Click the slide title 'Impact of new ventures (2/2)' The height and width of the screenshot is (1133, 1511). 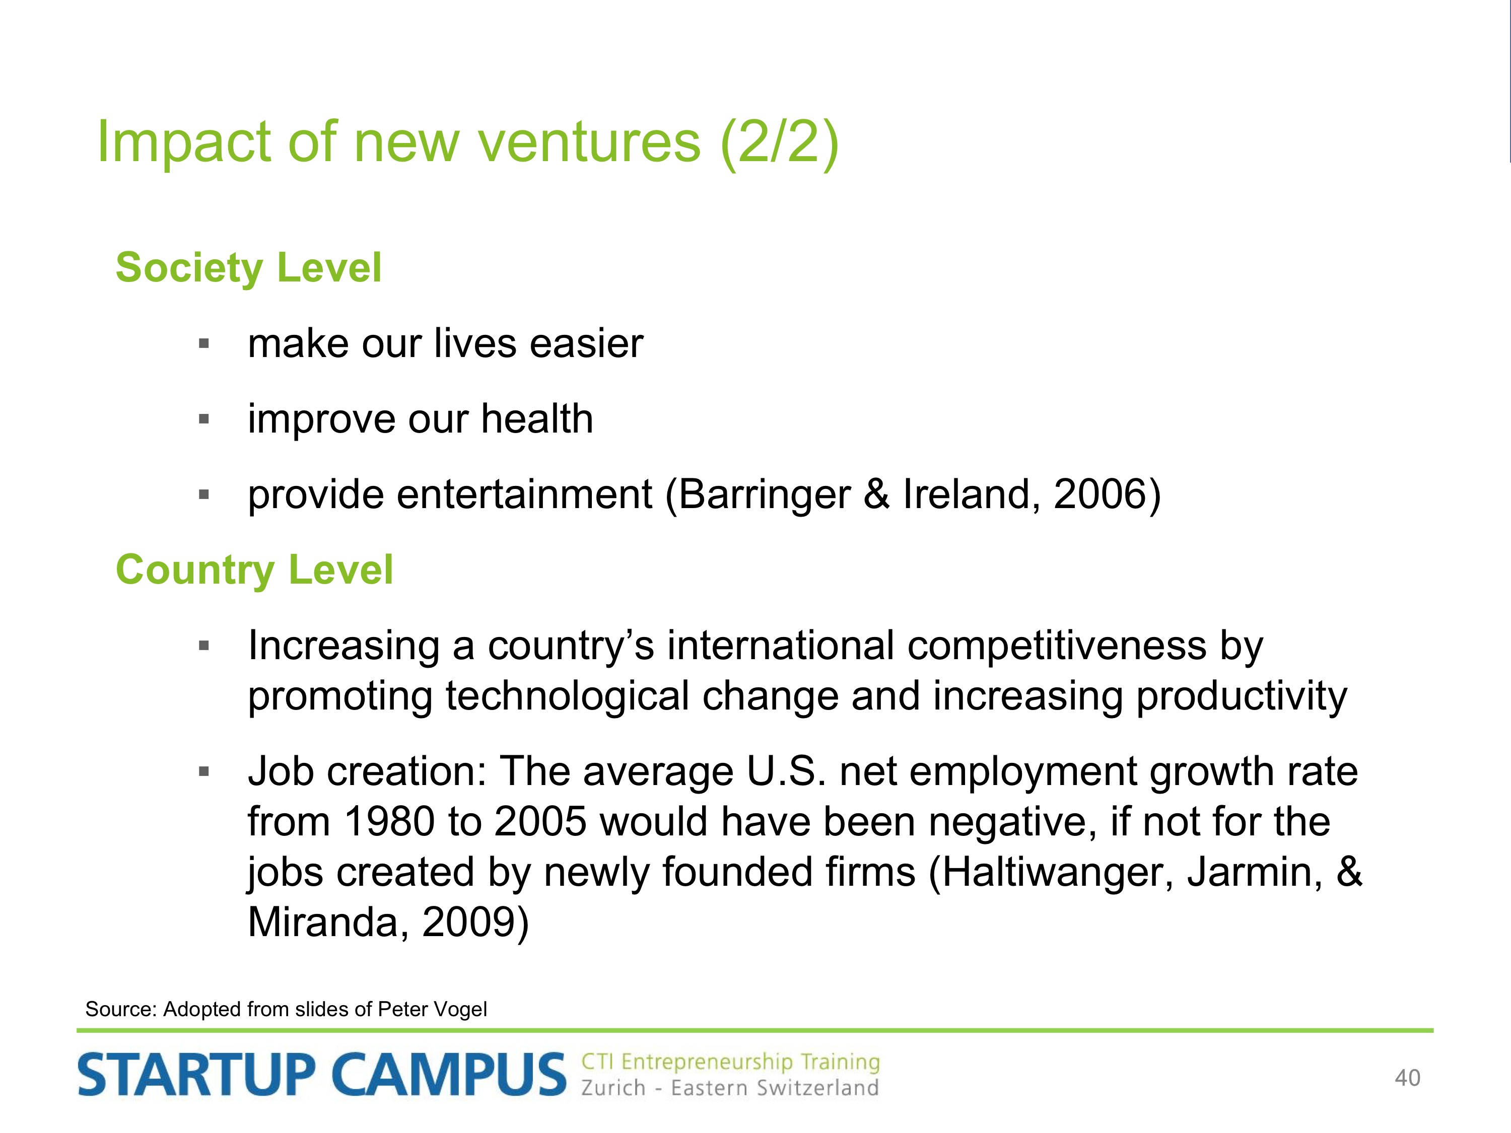tap(468, 142)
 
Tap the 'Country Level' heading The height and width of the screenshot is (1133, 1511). tap(254, 570)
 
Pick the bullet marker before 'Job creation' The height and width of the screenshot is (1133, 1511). tap(203, 772)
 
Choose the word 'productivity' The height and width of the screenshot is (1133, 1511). tap(1242, 696)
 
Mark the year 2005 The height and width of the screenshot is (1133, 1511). tap(540, 822)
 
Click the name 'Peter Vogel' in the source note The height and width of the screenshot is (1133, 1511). tap(432, 1010)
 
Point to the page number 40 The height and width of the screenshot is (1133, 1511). tap(1407, 1078)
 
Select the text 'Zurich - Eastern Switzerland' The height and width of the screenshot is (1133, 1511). tap(729, 1087)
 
